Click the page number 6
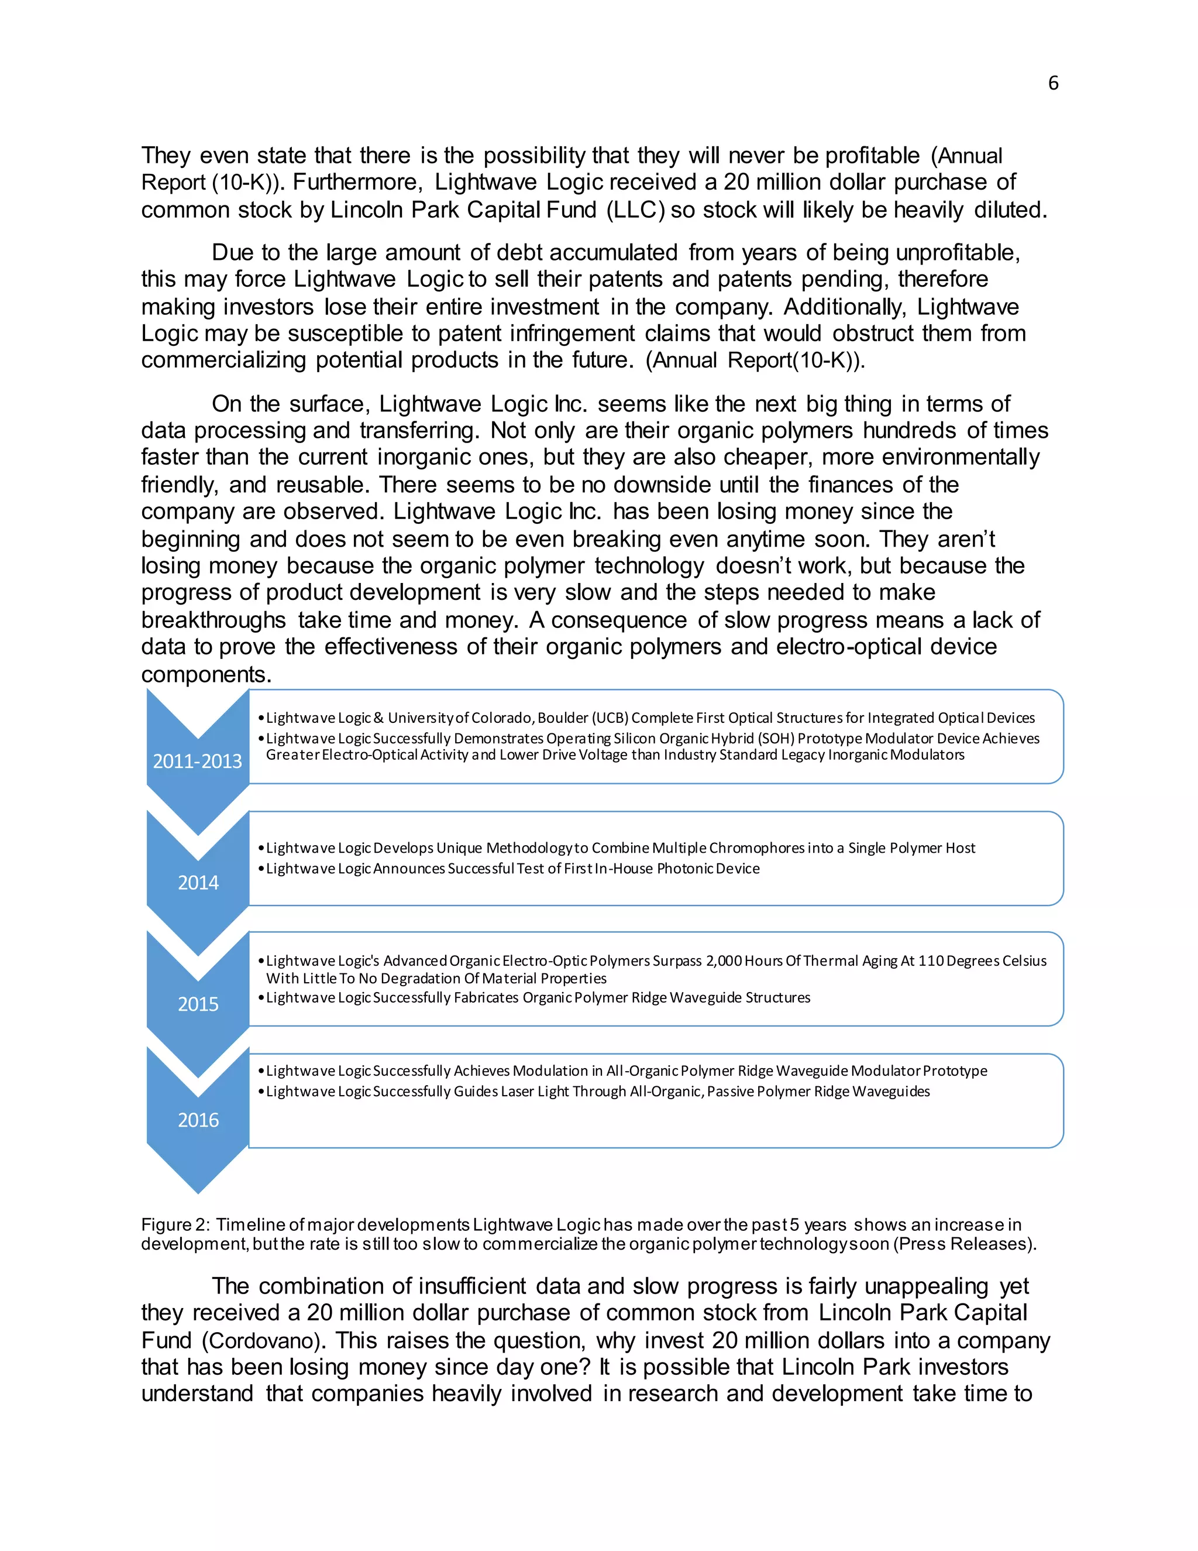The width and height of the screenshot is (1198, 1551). tap(1052, 84)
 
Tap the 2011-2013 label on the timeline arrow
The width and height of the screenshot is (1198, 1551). tap(197, 761)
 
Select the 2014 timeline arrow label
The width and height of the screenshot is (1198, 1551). tap(198, 883)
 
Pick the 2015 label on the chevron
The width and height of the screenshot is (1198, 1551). tap(198, 1004)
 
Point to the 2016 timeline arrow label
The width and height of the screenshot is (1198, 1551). tap(198, 1120)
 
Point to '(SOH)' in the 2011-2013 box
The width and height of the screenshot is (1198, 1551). tap(778, 739)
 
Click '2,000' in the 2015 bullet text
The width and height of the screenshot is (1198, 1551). tap(723, 961)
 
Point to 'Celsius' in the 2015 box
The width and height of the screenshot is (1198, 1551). tap(1024, 961)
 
